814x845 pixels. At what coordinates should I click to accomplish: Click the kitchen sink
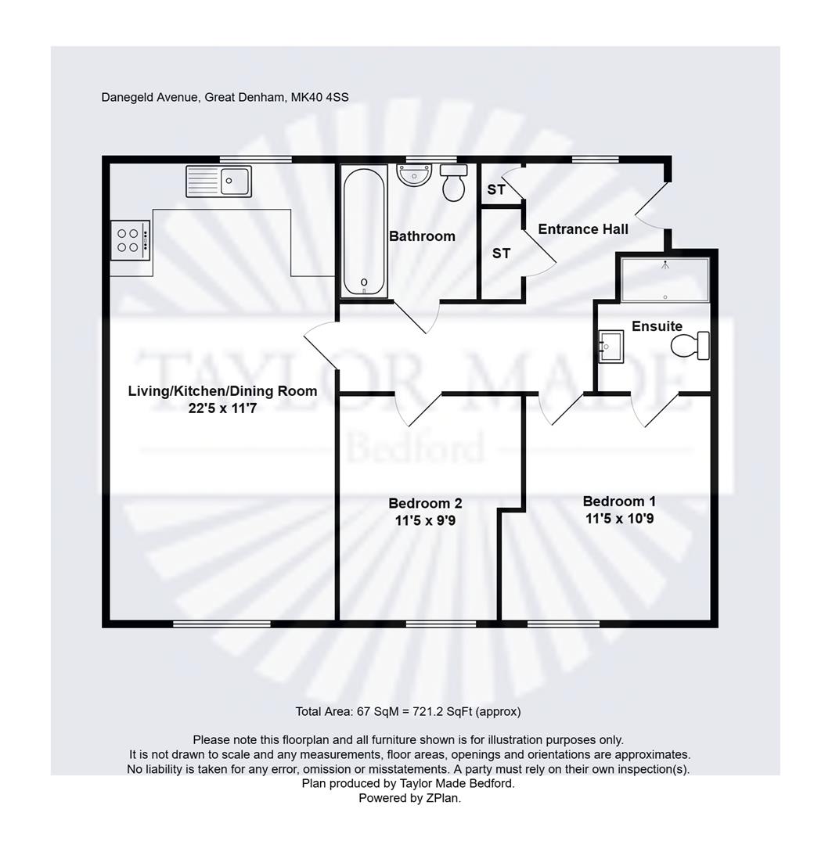[x=218, y=181]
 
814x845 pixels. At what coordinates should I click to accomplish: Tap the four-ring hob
[x=130, y=239]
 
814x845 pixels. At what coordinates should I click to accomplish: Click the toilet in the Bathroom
[x=454, y=183]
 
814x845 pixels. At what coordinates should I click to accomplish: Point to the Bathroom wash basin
[x=414, y=175]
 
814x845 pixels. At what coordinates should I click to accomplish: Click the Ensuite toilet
[x=690, y=345]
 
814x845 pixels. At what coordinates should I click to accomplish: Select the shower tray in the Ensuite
[x=665, y=279]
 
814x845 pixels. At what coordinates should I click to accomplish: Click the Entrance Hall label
[x=583, y=229]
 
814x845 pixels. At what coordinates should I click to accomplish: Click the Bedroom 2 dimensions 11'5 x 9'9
[x=426, y=518]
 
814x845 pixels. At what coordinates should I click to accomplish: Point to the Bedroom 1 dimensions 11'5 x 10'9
[x=619, y=517]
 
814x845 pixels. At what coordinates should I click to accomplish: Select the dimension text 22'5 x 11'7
[x=222, y=407]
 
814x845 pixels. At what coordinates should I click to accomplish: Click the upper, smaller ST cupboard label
[x=496, y=189]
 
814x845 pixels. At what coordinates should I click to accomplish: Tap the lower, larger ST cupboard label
[x=501, y=253]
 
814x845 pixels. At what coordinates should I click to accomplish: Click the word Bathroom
[x=422, y=236]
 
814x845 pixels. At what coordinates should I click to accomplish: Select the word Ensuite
[x=657, y=326]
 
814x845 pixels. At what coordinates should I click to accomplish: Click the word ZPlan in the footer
[x=442, y=798]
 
